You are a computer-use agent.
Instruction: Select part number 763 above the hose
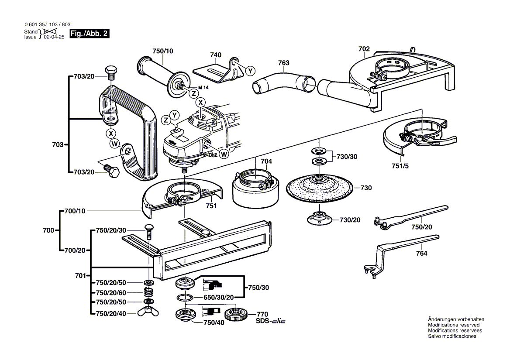[283, 63]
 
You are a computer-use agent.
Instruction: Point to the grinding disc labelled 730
[318, 187]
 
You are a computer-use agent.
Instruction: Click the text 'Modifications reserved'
[453, 325]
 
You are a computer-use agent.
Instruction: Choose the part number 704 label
[266, 161]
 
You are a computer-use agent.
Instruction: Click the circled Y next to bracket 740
[250, 71]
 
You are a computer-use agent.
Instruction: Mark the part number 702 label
[364, 49]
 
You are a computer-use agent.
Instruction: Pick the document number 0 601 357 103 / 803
[48, 25]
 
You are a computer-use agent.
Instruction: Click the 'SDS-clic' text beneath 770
[270, 322]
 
